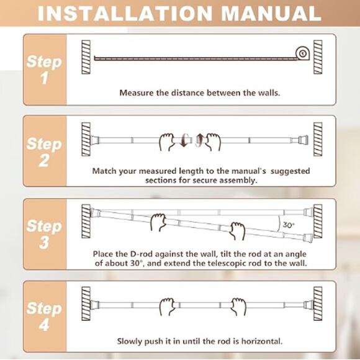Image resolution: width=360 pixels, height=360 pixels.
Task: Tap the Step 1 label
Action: point(44,70)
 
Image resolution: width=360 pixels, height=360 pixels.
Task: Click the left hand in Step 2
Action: point(168,141)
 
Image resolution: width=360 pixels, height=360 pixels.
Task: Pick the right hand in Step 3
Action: point(237,231)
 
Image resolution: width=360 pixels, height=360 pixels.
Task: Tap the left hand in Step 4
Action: point(167,306)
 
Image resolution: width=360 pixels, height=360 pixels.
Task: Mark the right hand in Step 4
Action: point(238,306)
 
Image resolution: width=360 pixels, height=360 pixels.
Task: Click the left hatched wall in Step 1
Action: point(86,57)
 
